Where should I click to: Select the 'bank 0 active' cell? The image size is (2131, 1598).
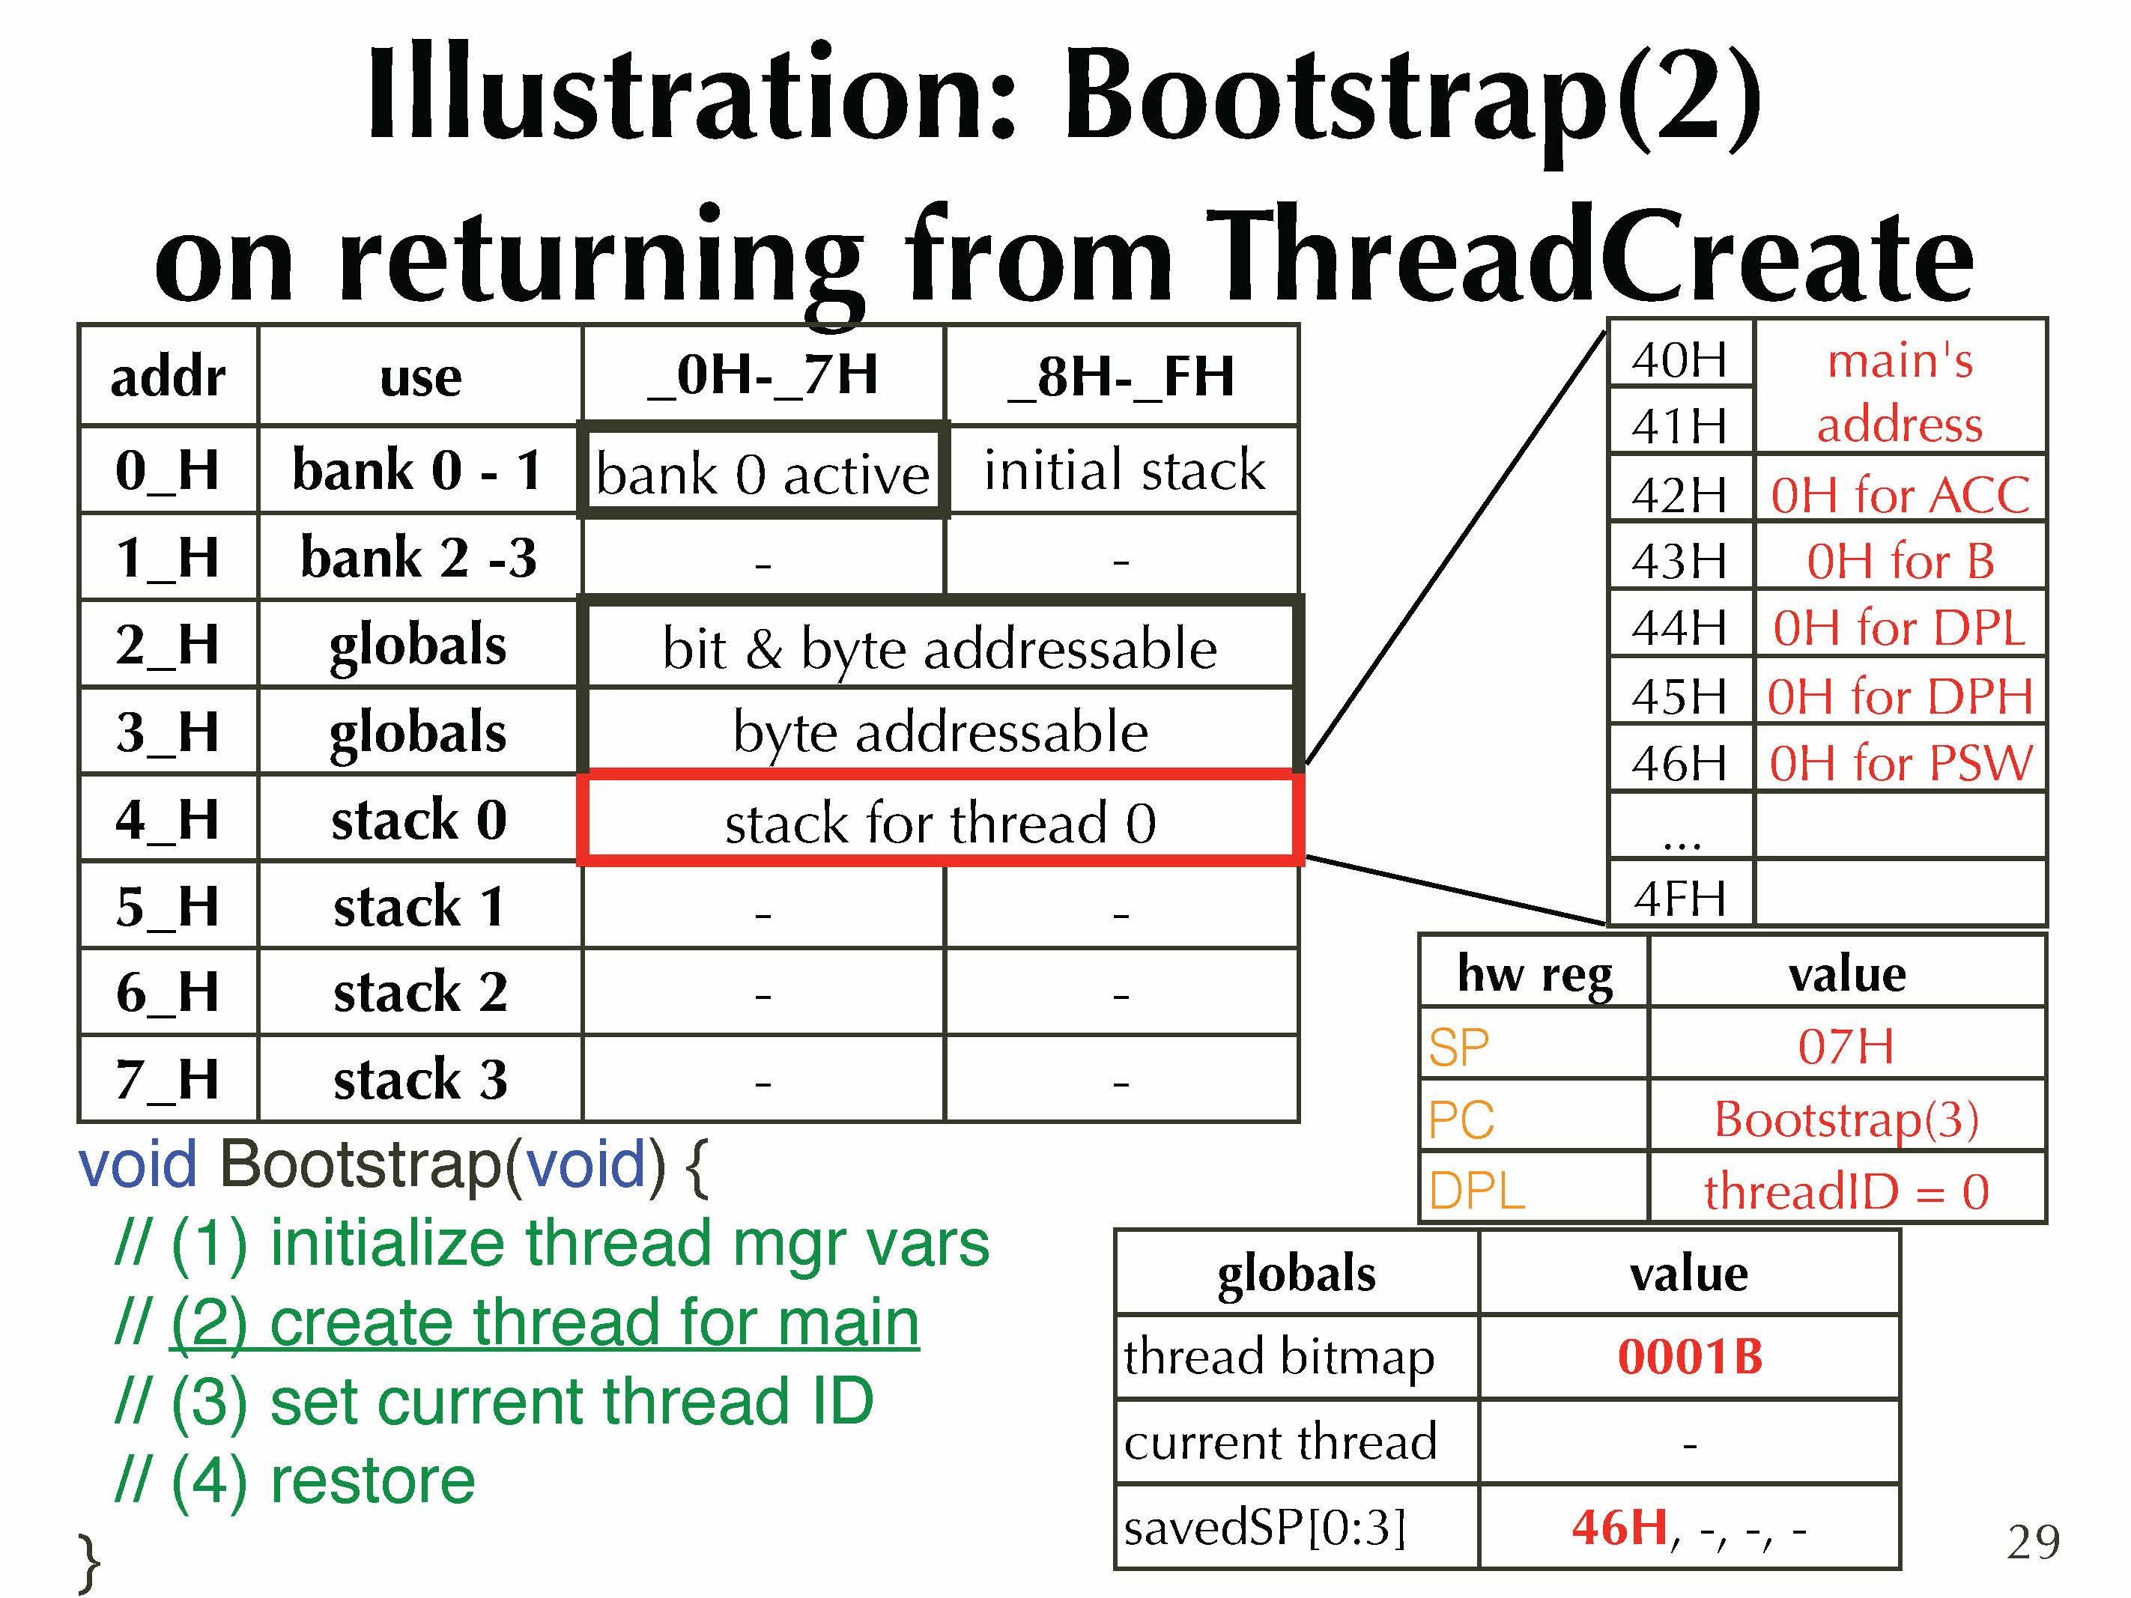[x=763, y=471]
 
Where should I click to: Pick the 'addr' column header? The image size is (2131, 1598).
[x=169, y=377]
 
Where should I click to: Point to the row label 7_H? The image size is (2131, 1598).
[x=169, y=1079]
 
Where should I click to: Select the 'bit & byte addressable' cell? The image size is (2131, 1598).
[x=940, y=647]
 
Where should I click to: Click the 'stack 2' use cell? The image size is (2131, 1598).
[x=420, y=992]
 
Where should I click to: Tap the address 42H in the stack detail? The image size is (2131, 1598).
[x=1679, y=495]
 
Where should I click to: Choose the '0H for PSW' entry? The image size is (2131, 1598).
[x=1900, y=763]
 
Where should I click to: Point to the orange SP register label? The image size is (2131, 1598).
[x=1458, y=1047]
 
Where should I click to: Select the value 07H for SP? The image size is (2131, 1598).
[x=1846, y=1046]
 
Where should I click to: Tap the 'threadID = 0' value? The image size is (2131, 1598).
[x=1846, y=1191]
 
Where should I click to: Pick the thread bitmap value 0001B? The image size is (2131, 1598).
[x=1690, y=1356]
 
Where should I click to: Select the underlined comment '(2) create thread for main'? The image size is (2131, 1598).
[x=545, y=1322]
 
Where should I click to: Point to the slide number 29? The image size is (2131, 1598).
[x=2034, y=1542]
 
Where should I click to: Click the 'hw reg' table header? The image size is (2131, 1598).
[x=1535, y=973]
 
